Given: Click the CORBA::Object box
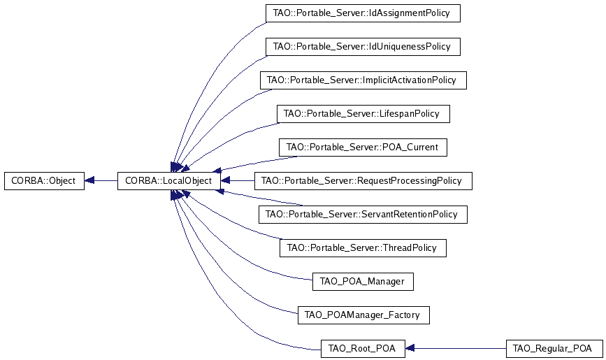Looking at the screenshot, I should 44,180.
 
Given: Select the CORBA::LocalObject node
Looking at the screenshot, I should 168,180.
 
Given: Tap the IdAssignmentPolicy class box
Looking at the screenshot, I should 362,13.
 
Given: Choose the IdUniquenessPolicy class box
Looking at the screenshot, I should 362,47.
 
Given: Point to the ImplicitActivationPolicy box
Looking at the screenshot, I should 362,80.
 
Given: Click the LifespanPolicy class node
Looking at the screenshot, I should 363,113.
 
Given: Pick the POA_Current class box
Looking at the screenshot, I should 362,147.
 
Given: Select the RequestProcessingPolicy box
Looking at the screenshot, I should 363,180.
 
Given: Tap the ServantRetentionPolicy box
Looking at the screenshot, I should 362,214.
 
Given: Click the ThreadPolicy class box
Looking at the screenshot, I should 362,247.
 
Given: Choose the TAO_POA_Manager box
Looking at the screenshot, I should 362,281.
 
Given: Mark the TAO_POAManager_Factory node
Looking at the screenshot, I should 362,315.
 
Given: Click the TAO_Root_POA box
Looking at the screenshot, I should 362,348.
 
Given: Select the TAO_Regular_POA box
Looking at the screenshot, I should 553,348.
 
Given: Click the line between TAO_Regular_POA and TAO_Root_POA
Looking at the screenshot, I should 461,348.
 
